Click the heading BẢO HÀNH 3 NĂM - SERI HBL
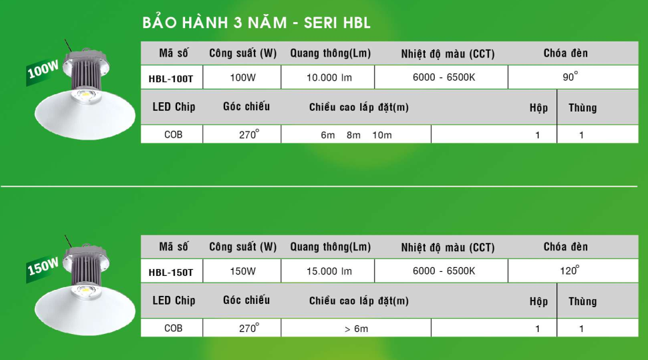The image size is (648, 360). (257, 23)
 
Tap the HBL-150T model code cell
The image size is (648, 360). (171, 272)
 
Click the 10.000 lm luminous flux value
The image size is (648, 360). (329, 77)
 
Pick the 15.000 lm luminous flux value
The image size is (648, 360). (329, 271)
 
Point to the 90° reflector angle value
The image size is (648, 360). (571, 76)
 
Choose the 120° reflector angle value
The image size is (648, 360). (570, 271)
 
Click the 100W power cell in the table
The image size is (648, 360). (243, 77)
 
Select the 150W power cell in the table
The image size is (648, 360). (243, 271)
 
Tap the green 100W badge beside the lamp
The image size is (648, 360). (43, 71)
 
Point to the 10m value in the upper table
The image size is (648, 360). (382, 135)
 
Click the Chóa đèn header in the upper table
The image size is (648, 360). (565, 53)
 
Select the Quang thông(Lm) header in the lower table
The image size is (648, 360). (330, 247)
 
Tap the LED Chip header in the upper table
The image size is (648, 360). (174, 107)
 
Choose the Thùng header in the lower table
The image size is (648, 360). (583, 301)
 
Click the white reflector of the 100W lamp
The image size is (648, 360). (85, 117)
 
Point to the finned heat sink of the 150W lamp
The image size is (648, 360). (86, 269)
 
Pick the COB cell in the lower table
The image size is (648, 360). (173, 328)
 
